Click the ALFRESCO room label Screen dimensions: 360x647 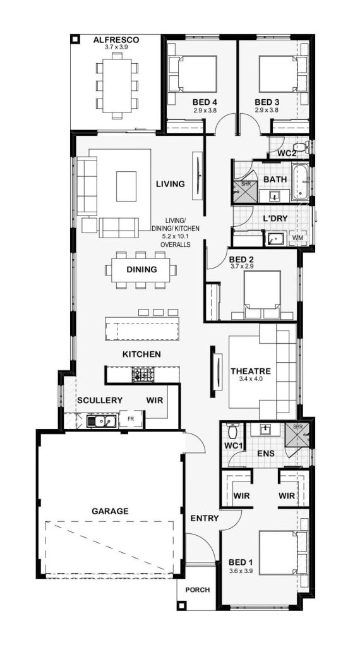click(116, 40)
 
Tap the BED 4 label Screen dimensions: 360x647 click(205, 102)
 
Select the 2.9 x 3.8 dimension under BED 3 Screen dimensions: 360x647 click(267, 110)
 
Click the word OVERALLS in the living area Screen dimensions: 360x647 click(176, 245)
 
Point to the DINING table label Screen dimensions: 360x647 click(141, 269)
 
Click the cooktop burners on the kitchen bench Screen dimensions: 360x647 click(143, 375)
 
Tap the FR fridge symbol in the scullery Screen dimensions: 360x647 click(131, 419)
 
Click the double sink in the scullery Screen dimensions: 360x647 click(101, 421)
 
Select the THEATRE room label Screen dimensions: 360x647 click(251, 371)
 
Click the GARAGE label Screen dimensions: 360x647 click(110, 511)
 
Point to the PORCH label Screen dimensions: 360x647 click(198, 590)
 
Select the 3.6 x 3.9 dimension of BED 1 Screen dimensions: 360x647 click(241, 571)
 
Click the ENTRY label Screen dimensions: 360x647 click(205, 518)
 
